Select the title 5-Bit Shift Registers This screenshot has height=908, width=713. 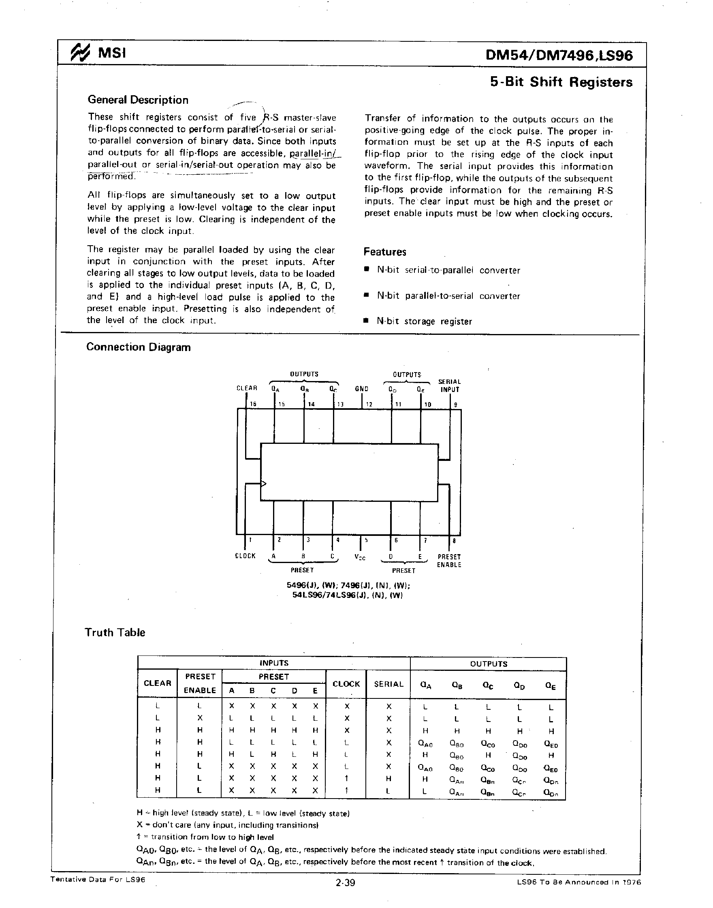pyautogui.click(x=561, y=82)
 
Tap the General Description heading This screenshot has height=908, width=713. pyautogui.click(x=138, y=100)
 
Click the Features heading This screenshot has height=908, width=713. pyautogui.click(x=384, y=252)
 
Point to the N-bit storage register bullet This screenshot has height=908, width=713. pyautogui.click(x=424, y=321)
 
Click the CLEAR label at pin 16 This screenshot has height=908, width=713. pyautogui.click(x=247, y=388)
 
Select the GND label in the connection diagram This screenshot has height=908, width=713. pyautogui.click(x=361, y=388)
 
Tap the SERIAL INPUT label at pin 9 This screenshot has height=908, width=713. pyautogui.click(x=450, y=385)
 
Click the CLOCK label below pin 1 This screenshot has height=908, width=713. pyautogui.click(x=245, y=556)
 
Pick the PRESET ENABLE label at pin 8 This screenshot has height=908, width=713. pyautogui.click(x=449, y=561)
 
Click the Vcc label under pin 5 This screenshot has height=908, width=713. pyautogui.click(x=360, y=558)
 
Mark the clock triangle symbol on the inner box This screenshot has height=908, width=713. pyautogui.click(x=263, y=484)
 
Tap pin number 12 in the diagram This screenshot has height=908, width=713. pyautogui.click(x=369, y=404)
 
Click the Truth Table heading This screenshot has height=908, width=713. pyautogui.click(x=115, y=632)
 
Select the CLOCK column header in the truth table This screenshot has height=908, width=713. pyautogui.click(x=346, y=684)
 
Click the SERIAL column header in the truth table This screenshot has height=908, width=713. pyautogui.click(x=389, y=684)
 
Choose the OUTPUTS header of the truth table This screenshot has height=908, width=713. pyautogui.click(x=489, y=664)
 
